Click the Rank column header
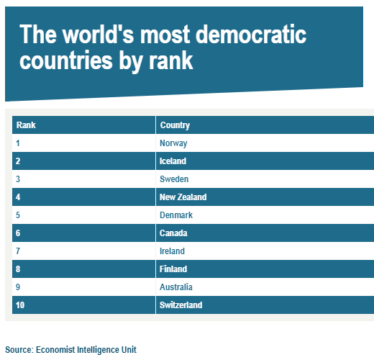coord(26,125)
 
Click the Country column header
coord(175,125)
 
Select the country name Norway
coord(173,143)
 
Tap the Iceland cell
coord(173,161)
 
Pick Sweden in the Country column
coord(174,179)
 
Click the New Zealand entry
coord(183,197)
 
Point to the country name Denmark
coord(176,215)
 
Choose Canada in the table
coord(173,233)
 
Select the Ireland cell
coord(172,251)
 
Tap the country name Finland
coord(173,269)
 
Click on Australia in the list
coord(176,287)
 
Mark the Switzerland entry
coord(181,305)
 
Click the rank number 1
coord(18,143)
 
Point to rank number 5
coord(18,215)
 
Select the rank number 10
coord(20,305)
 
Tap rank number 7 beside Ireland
coord(18,251)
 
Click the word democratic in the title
coord(251,35)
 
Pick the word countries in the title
coord(66,60)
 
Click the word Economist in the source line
coord(55,350)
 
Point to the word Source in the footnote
coord(19,350)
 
